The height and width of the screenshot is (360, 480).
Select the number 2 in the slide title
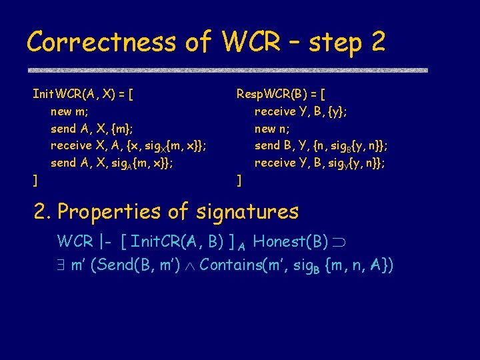tap(377, 43)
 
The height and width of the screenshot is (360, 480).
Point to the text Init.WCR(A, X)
tap(74, 94)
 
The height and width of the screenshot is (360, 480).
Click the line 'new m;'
tap(70, 111)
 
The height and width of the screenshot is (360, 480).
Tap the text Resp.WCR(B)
tap(273, 94)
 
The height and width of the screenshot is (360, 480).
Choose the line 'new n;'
tap(273, 128)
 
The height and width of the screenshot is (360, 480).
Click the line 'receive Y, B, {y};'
tap(300, 111)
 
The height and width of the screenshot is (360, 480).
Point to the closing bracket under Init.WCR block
tap(35, 179)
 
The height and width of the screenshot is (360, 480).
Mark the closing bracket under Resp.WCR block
tap(239, 179)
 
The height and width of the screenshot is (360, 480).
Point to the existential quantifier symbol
tap(62, 265)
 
